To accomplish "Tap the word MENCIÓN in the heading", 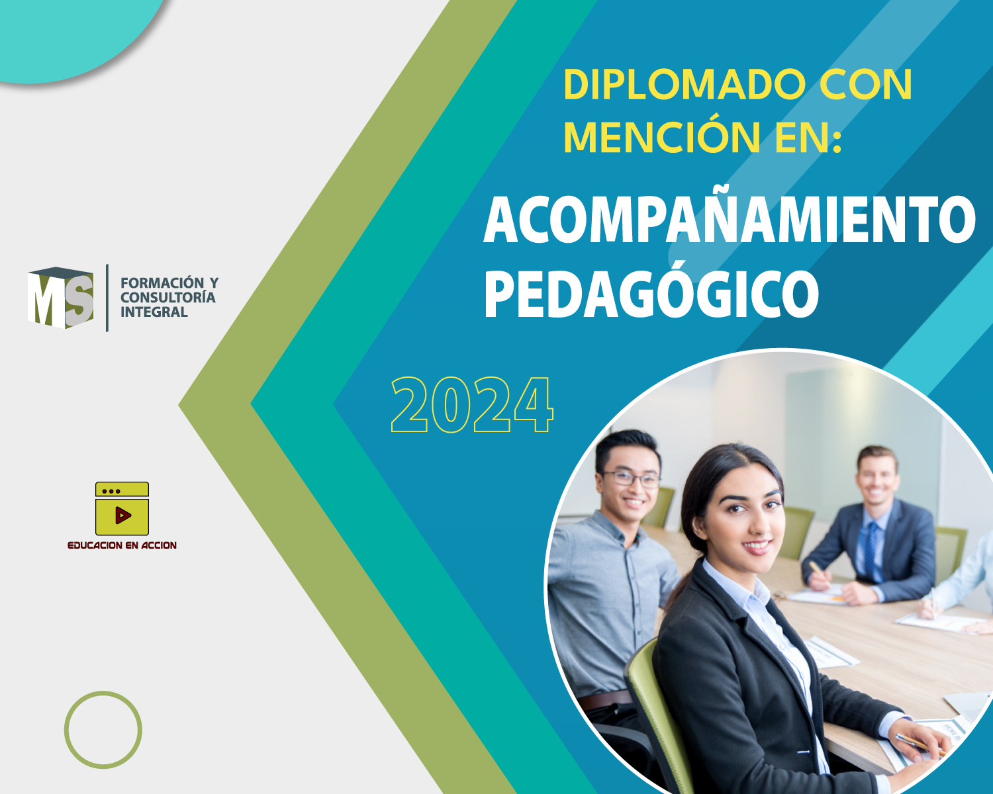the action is [662, 137].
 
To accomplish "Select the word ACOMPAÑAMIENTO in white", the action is [730, 219].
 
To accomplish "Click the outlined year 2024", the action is [472, 405].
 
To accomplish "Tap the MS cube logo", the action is [60, 298].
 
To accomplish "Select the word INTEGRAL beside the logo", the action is [154, 312].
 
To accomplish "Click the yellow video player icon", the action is [122, 508].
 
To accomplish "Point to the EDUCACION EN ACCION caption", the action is [122, 545].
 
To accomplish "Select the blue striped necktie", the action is [871, 549].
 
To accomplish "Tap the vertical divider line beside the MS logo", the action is [107, 298].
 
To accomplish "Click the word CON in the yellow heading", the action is [866, 85].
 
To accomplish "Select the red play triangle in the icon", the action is [123, 515].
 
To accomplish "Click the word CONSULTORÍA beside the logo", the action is [168, 297].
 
